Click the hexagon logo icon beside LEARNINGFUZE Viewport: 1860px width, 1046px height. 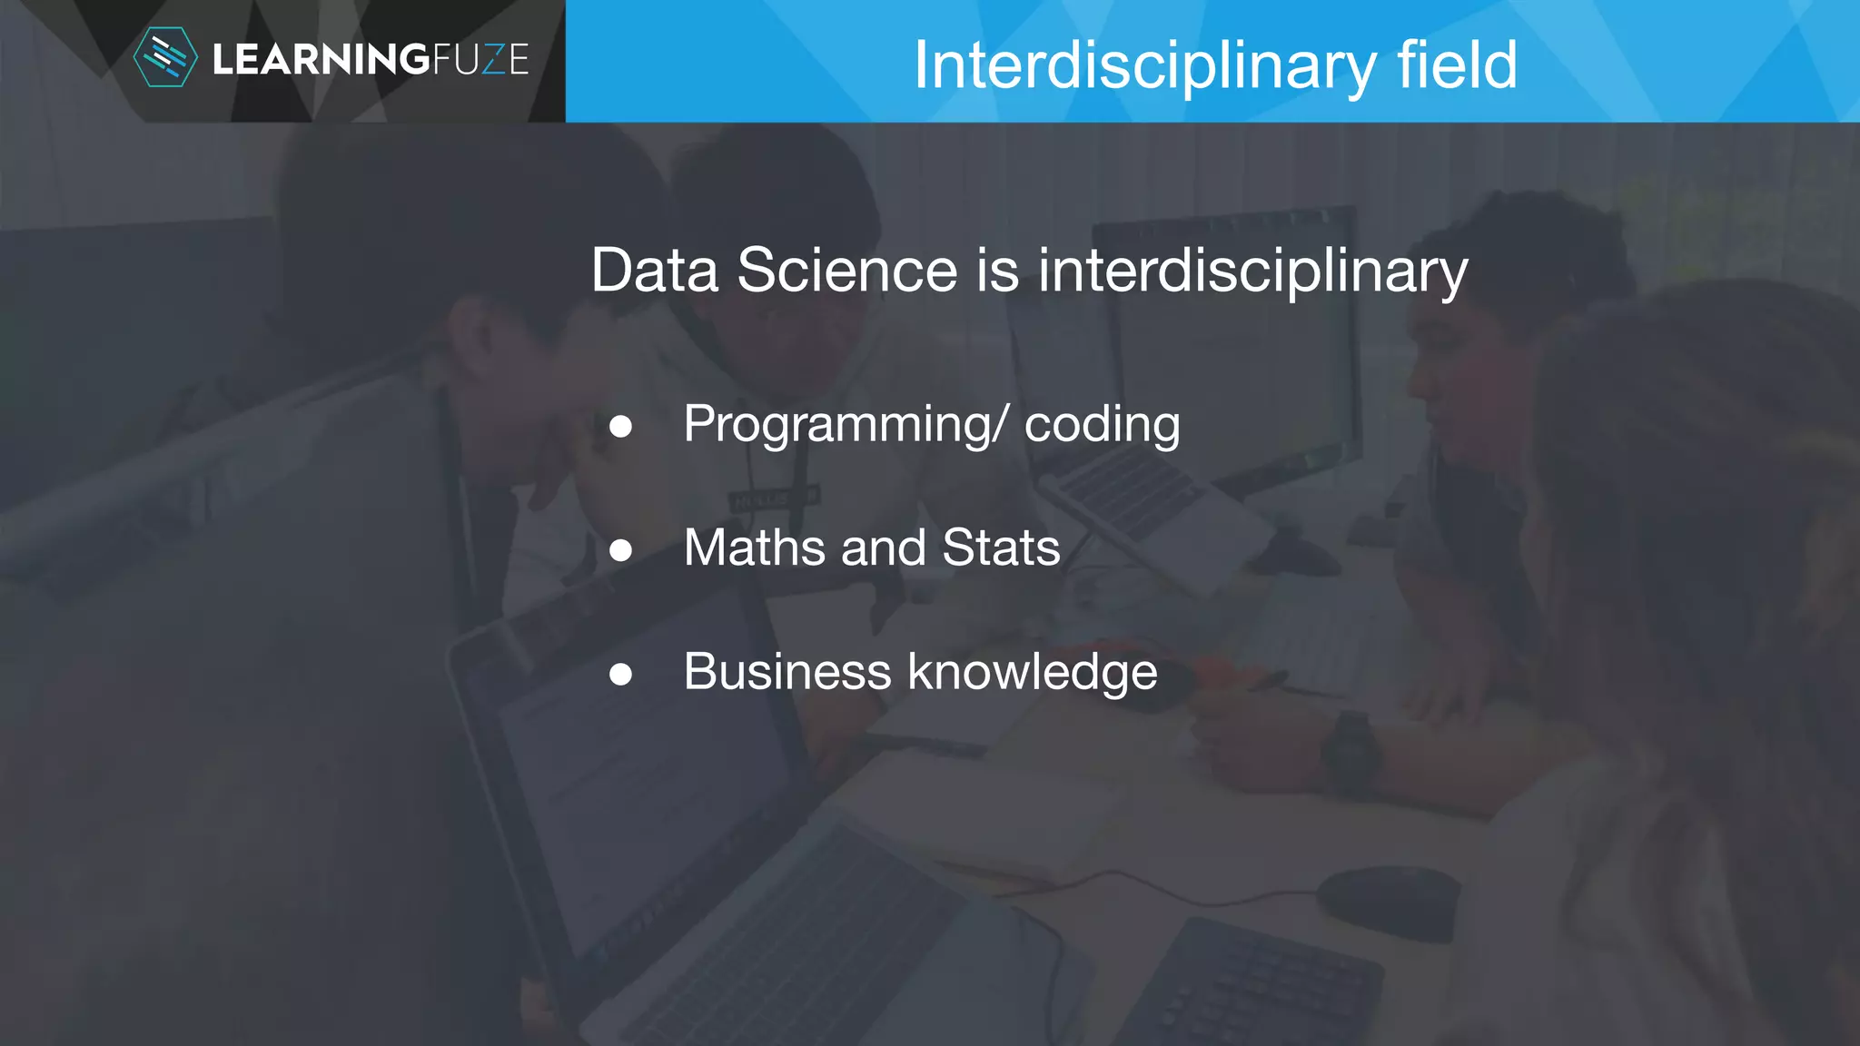164,58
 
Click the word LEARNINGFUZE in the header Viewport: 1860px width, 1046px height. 370,60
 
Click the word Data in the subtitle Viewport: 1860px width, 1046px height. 654,271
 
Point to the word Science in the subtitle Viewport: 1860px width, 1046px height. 846,271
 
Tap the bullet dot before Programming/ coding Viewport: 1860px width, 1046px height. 621,426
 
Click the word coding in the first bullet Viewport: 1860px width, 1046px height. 1102,425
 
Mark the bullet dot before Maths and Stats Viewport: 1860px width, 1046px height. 621,549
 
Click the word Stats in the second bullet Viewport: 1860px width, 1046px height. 1001,548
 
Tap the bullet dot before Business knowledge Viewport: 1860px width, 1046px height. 621,674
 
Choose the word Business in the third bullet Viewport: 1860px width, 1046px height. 787,672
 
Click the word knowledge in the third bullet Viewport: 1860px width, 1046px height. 1033,673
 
